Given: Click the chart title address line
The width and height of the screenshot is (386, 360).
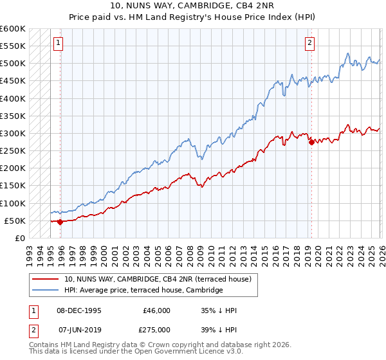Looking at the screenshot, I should tap(193, 7).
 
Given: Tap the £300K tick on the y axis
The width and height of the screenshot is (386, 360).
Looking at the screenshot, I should tap(13, 133).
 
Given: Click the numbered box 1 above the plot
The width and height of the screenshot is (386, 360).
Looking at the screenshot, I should tap(58, 43).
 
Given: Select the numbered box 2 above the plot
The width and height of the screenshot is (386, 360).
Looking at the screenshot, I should tap(309, 43).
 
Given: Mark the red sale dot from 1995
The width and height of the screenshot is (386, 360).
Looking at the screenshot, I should tap(60, 222).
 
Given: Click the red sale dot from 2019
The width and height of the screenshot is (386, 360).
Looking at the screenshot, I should tap(311, 142).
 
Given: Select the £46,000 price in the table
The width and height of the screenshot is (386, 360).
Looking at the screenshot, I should tap(157, 310).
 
